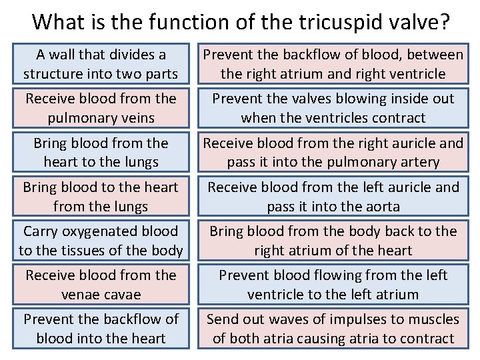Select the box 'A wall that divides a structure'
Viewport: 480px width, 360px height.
[x=101, y=64]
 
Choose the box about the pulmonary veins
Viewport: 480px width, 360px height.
[x=101, y=108]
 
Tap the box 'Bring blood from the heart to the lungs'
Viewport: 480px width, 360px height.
[x=101, y=152]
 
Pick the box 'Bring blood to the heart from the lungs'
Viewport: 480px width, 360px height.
[x=101, y=197]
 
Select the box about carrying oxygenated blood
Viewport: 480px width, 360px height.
[x=101, y=241]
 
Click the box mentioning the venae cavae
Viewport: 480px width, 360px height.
[x=101, y=285]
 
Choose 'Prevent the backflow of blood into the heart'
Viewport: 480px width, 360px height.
[x=101, y=329]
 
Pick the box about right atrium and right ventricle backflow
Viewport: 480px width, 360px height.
[x=333, y=64]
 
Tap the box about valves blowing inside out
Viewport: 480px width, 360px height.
[x=333, y=108]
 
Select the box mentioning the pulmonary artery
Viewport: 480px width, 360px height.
[x=333, y=152]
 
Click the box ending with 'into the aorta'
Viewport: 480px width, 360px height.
[x=333, y=197]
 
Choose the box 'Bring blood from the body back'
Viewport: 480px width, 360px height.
[x=333, y=241]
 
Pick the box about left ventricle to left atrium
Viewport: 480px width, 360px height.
[x=333, y=285]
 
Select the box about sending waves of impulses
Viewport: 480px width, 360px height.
[x=333, y=329]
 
